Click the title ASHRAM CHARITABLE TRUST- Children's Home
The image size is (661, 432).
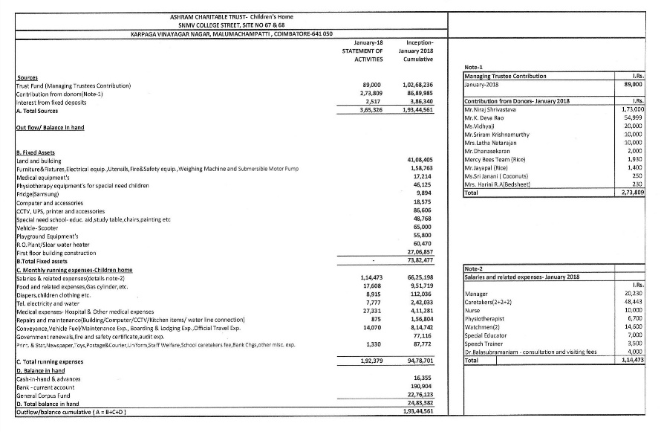pos(230,16)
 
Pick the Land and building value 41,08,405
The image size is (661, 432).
pos(420,161)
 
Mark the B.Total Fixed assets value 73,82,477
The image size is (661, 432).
pos(420,260)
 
